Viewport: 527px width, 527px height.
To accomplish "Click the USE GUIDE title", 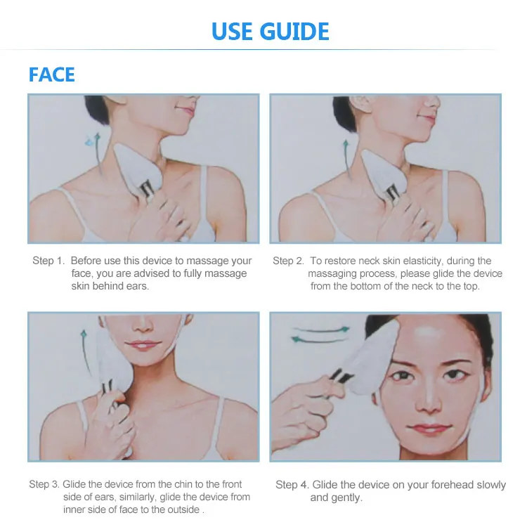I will pyautogui.click(x=271, y=32).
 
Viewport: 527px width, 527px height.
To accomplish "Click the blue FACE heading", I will pyautogui.click(x=51, y=74).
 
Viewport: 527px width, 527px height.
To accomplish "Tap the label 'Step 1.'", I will pyautogui.click(x=48, y=261).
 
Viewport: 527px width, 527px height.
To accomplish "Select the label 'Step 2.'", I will pyautogui.click(x=289, y=261).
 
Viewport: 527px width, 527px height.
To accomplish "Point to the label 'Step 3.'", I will pyautogui.click(x=44, y=484).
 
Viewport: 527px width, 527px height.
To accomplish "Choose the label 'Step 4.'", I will pyautogui.click(x=292, y=485).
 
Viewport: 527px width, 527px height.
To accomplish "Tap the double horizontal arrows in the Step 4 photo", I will pyautogui.click(x=320, y=333).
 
